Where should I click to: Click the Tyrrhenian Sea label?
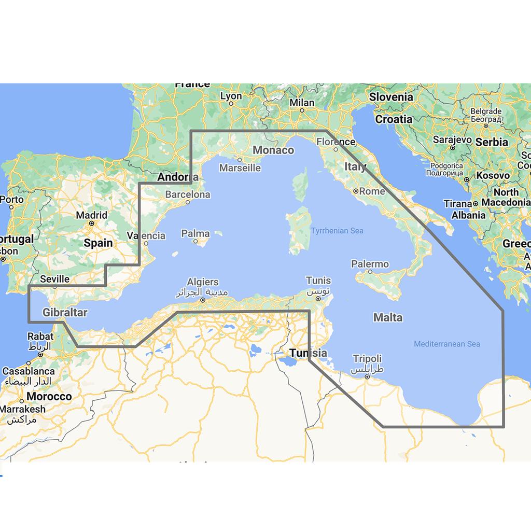tap(337, 231)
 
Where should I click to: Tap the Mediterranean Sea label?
tap(447, 344)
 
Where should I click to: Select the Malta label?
tap(387, 317)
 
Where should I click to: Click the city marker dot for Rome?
tap(356, 191)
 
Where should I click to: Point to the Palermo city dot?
tap(370, 271)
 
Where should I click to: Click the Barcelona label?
tap(188, 195)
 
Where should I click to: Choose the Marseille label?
tap(240, 167)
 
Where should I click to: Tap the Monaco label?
tap(273, 150)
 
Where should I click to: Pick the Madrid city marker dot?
tap(91, 223)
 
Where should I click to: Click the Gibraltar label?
tap(65, 313)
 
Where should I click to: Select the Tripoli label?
tap(367, 358)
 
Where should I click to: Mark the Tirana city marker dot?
tap(475, 204)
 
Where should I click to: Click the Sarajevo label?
tap(452, 140)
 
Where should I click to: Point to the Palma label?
tap(195, 234)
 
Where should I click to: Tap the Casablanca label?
tap(29, 371)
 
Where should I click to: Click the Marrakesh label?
tap(23, 409)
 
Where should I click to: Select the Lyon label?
tap(231, 96)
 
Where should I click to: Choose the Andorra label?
tap(177, 177)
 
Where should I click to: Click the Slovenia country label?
tap(391, 97)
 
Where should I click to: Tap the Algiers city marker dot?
tap(203, 300)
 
